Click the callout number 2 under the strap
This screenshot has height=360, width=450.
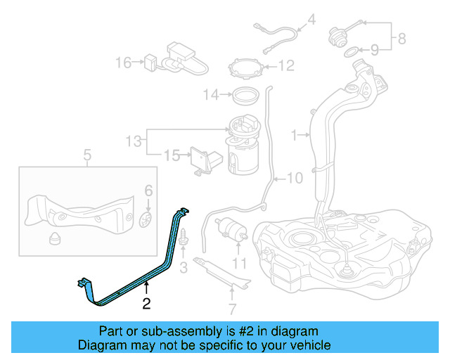click(x=146, y=304)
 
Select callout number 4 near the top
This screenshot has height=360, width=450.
click(x=312, y=19)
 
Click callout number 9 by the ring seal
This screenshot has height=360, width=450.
click(x=375, y=50)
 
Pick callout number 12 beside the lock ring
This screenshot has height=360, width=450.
click(x=286, y=67)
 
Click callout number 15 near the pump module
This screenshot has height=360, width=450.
click(x=172, y=155)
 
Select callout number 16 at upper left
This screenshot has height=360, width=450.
click(x=124, y=63)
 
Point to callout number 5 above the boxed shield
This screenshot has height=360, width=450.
click(x=87, y=155)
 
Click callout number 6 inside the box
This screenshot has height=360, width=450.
click(x=148, y=191)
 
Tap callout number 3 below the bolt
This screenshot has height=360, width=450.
click(x=183, y=266)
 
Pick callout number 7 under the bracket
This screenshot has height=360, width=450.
click(x=233, y=308)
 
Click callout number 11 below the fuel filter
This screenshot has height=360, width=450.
click(x=240, y=264)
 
